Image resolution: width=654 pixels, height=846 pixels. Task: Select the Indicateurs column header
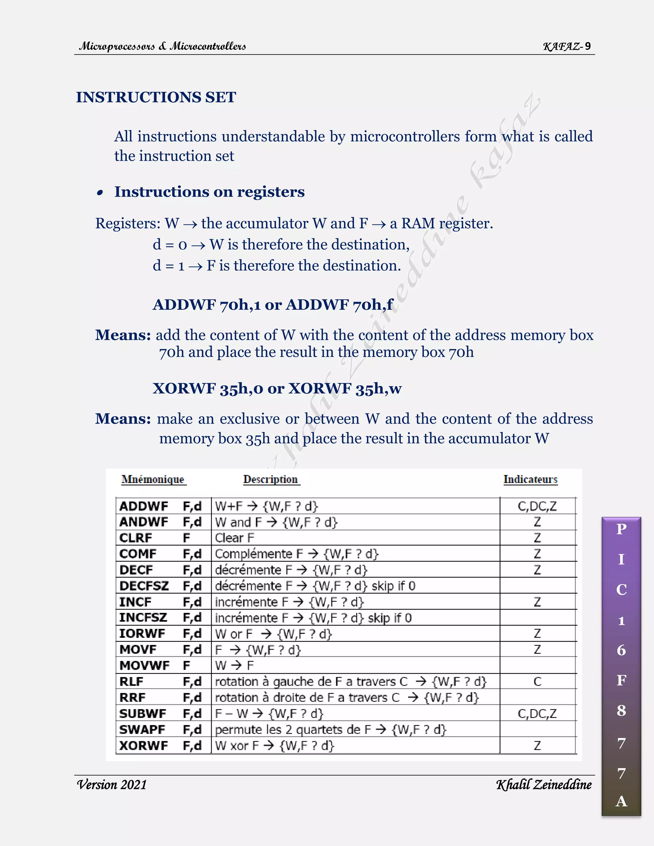[x=530, y=479]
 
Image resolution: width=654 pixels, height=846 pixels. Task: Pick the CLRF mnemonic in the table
[x=136, y=538]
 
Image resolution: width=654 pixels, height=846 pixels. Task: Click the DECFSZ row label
[x=144, y=586]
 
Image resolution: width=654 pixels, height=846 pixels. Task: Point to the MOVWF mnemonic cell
[x=144, y=666]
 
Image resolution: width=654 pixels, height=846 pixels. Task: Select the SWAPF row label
[x=142, y=729]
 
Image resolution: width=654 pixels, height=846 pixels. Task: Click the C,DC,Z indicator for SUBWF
[x=537, y=714]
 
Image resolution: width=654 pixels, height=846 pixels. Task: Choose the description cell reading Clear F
[x=234, y=538]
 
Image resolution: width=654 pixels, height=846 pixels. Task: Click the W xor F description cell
[x=274, y=745]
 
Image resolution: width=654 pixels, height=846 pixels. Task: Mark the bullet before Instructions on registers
[x=100, y=193]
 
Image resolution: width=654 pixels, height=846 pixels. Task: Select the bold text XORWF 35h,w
[x=345, y=388]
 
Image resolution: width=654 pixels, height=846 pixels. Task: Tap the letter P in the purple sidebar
[x=621, y=529]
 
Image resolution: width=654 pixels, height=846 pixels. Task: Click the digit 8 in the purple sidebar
[x=621, y=710]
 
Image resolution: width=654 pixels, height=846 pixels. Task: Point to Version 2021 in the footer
[x=111, y=784]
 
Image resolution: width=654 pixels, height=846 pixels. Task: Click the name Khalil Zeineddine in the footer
[x=544, y=784]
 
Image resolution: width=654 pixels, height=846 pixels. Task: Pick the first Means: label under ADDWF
[x=123, y=335]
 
